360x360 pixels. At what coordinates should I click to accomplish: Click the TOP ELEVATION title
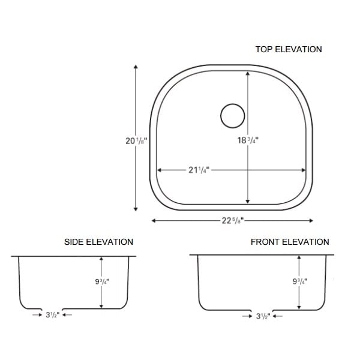tap(289, 49)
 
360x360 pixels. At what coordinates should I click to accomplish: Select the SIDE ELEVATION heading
tap(98, 242)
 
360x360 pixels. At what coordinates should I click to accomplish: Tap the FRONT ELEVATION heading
tap(290, 242)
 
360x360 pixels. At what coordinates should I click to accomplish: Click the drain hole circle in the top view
tap(232, 116)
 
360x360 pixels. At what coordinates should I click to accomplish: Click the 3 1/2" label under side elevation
tap(52, 314)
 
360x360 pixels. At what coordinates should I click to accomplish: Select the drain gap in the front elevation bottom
tap(262, 308)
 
